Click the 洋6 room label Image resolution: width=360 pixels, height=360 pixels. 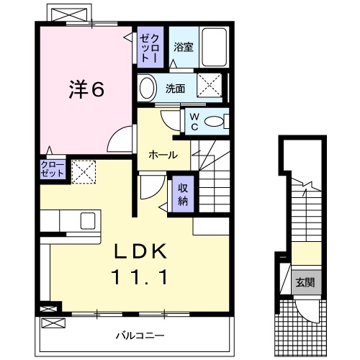coord(87,89)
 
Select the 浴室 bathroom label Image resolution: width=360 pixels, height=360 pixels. coord(183,48)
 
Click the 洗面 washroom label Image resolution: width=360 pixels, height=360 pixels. coord(175,89)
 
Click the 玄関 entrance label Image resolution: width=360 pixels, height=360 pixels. coord(302,282)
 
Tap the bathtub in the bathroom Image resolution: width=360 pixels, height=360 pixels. coord(213,46)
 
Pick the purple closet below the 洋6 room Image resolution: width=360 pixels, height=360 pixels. coord(53,170)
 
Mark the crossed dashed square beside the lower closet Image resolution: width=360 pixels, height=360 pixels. coord(83,171)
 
